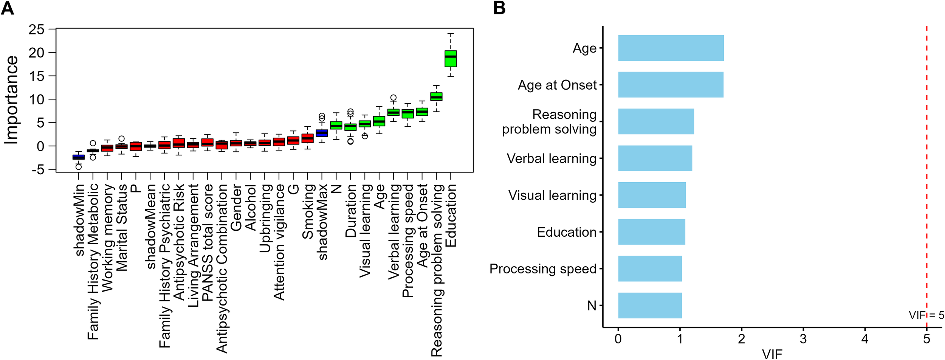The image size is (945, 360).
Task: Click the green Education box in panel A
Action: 451,59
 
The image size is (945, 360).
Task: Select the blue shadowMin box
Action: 79,157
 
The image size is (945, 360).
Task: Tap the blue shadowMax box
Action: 322,133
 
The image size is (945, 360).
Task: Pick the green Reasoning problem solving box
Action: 436,96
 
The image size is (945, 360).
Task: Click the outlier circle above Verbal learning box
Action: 393,98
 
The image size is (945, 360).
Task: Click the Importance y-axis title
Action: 11,100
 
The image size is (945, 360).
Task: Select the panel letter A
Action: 8,8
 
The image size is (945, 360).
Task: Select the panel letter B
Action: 499,8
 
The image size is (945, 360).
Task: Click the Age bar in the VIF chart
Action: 671,48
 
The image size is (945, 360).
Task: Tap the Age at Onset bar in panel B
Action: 671,85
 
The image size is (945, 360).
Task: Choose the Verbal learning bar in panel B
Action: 655,158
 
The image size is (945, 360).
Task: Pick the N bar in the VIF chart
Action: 650,305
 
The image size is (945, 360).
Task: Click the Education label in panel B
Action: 566,232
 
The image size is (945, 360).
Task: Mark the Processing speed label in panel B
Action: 542,269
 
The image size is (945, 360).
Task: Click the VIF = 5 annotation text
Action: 926,315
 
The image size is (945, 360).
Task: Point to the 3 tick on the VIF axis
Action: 803,338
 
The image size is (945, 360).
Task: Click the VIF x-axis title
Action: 772,354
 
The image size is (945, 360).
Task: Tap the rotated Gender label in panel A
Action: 236,208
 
